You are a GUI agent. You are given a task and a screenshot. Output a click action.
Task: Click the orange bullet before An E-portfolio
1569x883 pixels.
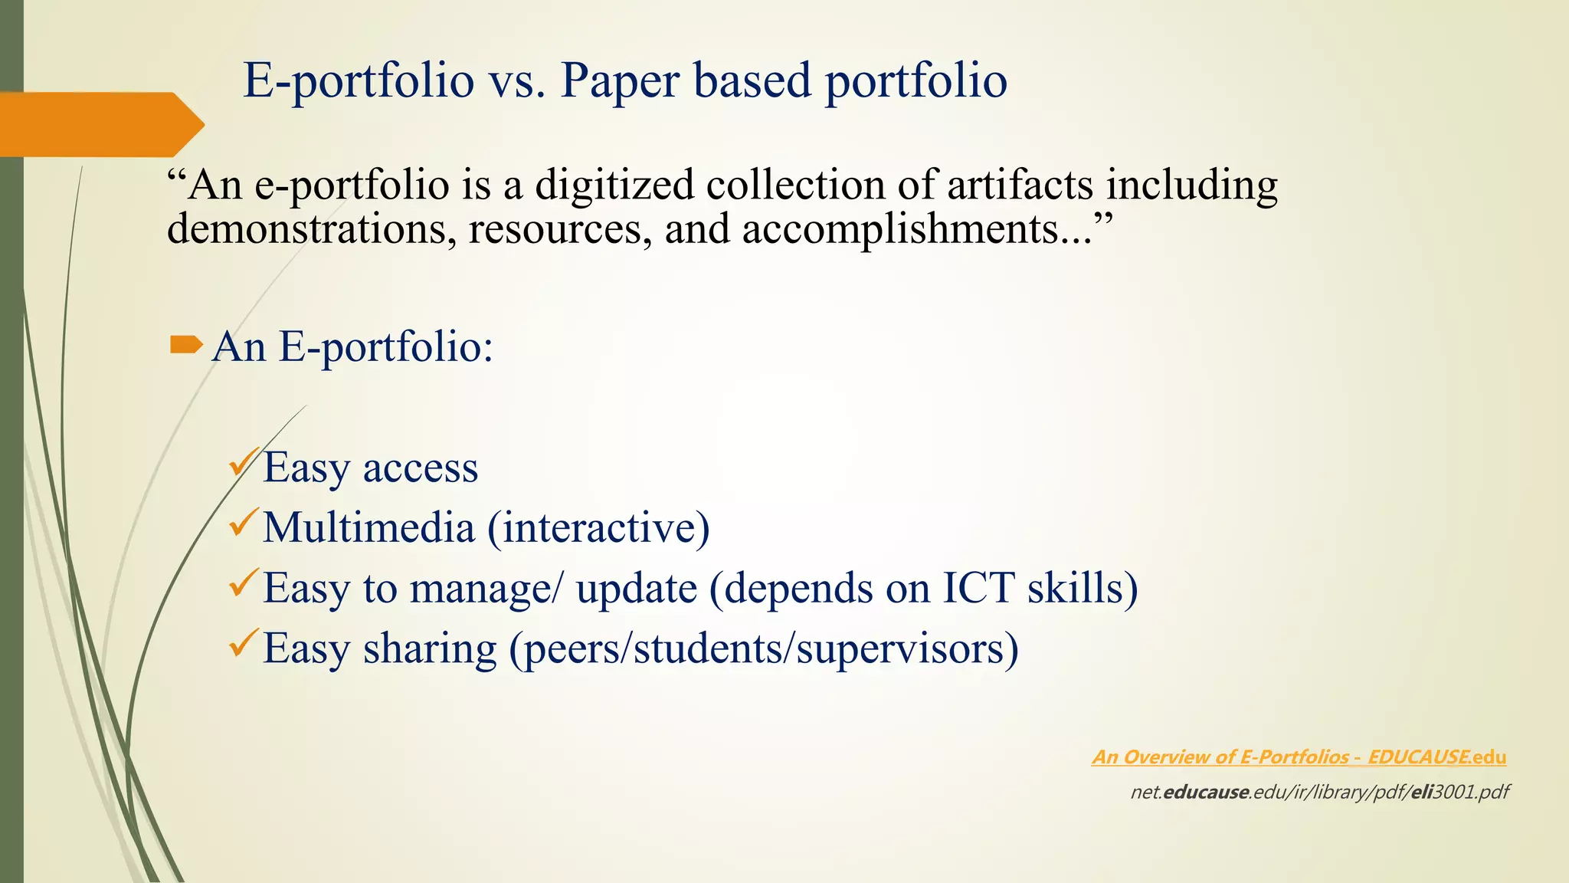[185, 346]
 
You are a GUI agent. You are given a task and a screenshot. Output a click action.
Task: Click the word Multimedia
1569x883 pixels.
[369, 527]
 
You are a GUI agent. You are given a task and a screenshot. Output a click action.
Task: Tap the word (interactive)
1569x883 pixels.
[599, 527]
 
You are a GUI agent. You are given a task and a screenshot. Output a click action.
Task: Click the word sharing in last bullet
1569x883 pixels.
[430, 648]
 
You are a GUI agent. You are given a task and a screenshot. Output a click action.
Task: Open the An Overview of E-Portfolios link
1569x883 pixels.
[1299, 757]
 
